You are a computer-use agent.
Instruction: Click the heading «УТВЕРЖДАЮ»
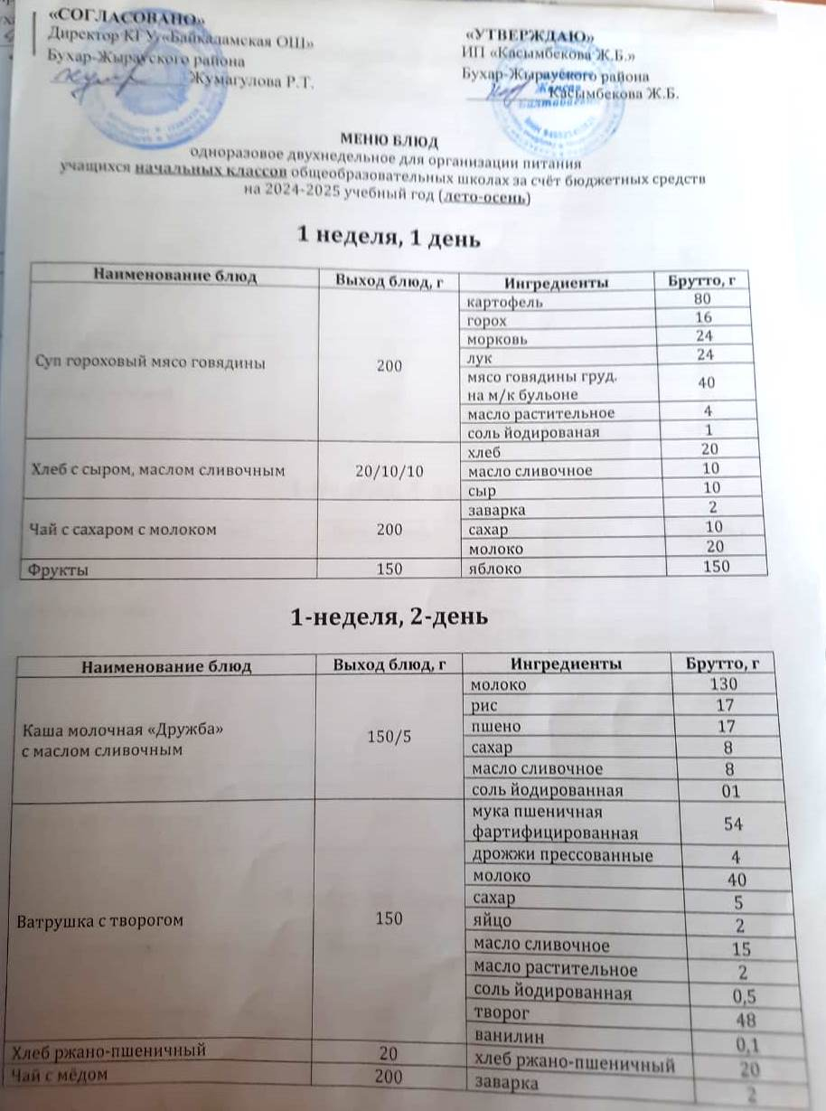(529, 34)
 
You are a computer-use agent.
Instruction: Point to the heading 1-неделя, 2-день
(390, 617)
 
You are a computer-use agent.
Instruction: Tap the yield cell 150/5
(389, 737)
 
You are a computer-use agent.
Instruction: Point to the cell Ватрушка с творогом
(99, 920)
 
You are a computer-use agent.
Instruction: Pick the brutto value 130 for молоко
(722, 684)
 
